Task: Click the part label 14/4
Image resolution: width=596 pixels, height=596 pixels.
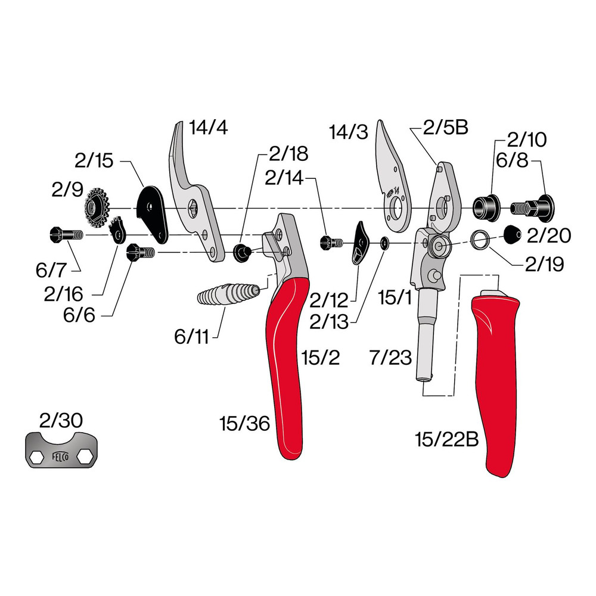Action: (x=208, y=128)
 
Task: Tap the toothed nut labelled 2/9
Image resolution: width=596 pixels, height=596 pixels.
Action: (x=95, y=209)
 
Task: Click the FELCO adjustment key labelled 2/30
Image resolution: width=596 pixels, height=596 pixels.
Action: (x=61, y=449)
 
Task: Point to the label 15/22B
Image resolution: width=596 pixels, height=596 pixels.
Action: (x=446, y=440)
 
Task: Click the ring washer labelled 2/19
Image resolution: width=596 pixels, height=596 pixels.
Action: (x=480, y=240)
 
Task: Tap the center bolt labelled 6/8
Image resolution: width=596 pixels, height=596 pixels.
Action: (x=533, y=208)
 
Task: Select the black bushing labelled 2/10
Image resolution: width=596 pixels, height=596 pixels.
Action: (x=486, y=208)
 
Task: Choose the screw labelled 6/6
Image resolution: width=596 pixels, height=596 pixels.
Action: (x=141, y=252)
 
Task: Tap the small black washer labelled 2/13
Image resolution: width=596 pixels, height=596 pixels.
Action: (x=384, y=243)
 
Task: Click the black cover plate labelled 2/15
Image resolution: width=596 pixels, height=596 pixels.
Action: (x=151, y=215)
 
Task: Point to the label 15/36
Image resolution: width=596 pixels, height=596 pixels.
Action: (x=245, y=423)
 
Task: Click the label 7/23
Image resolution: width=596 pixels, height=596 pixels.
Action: (x=390, y=358)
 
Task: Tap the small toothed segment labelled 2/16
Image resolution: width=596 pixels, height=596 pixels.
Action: (x=118, y=231)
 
